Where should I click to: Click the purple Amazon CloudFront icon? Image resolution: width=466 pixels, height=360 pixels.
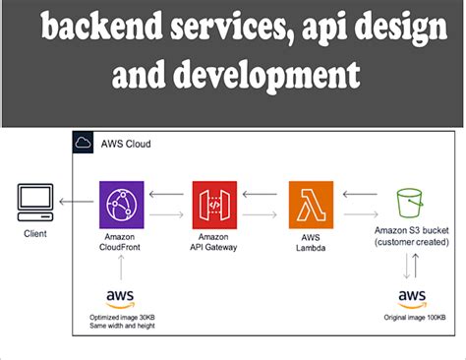click(121, 205)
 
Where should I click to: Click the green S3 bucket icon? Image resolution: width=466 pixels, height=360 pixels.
click(410, 204)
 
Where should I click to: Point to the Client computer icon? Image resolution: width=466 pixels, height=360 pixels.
click(34, 202)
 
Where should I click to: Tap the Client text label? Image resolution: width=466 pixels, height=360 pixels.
click(35, 234)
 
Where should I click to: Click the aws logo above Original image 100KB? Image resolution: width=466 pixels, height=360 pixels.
click(412, 296)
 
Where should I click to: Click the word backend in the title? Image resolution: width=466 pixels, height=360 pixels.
click(93, 32)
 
